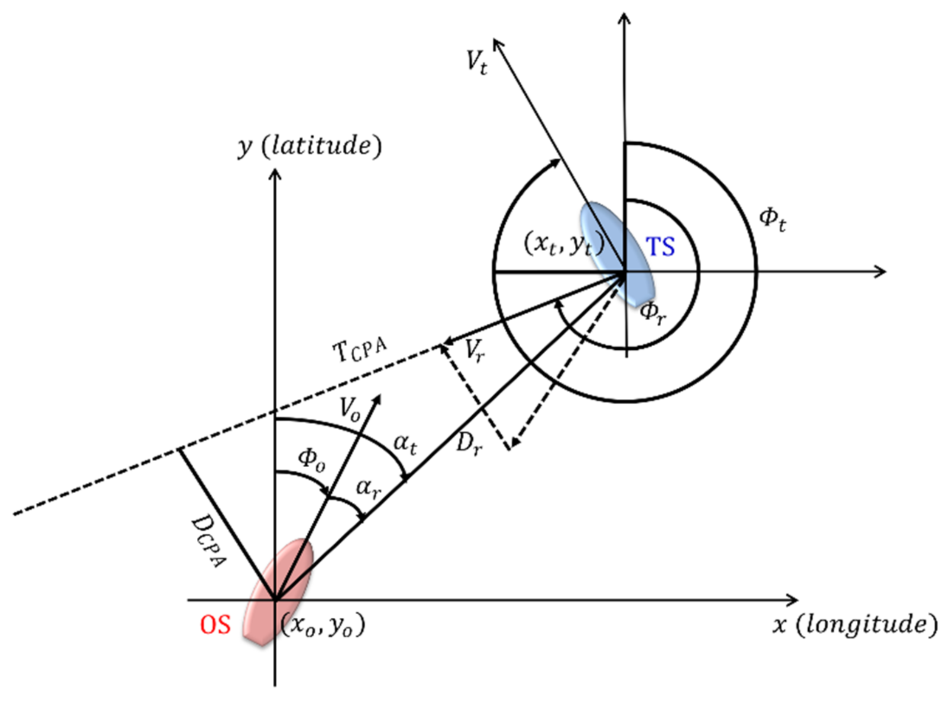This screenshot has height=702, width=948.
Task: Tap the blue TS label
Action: point(660,247)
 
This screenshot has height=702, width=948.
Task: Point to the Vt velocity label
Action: point(477,63)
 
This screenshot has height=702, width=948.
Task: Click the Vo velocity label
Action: point(349,409)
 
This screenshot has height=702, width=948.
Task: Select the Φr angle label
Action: point(653,313)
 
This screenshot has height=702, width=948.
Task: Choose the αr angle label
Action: point(368,489)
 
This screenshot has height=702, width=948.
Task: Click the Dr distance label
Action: point(469,444)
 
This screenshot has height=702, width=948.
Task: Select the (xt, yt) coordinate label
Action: point(564,245)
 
